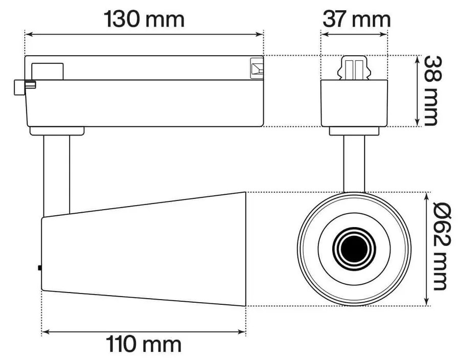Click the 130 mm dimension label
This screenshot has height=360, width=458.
144,19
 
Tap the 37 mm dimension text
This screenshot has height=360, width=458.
356,19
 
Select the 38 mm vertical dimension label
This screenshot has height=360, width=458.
431,91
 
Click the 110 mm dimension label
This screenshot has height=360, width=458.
144,344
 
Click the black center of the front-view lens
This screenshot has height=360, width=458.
354,249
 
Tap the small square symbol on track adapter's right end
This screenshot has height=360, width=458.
256,67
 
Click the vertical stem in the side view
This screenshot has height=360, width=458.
57,174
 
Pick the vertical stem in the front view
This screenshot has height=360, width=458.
354,164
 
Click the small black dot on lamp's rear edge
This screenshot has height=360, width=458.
40,267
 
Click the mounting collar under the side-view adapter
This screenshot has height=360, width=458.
57,131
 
